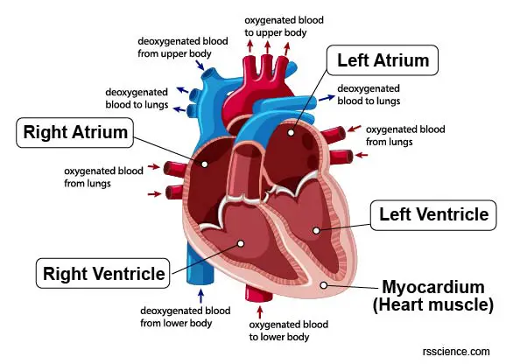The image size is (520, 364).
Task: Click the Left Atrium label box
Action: click(383, 60)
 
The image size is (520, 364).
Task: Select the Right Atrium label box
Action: click(75, 133)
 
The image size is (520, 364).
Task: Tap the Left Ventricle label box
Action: click(433, 215)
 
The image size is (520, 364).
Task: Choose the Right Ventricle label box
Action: click(102, 274)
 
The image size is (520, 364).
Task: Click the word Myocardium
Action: click(433, 287)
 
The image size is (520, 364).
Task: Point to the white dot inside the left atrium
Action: click(291, 133)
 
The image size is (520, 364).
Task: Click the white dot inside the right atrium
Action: click(205, 164)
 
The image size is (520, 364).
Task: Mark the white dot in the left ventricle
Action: click(316, 230)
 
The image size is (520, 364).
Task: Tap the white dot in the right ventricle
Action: click(241, 243)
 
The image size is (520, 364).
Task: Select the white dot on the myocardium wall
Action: click(324, 285)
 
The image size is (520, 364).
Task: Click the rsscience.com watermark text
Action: click(456, 352)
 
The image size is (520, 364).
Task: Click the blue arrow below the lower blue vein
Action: click(200, 296)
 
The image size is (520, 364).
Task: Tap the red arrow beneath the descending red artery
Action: click(260, 312)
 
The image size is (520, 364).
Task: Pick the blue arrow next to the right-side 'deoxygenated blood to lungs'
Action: click(327, 98)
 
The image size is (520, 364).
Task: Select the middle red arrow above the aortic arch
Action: click(267, 46)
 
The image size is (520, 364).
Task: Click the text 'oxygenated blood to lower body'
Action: click(289, 331)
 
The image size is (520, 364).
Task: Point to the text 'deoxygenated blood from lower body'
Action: click(185, 317)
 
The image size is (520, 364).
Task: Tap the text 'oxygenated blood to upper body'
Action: click(284, 26)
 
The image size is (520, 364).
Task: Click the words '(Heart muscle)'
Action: click(433, 304)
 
